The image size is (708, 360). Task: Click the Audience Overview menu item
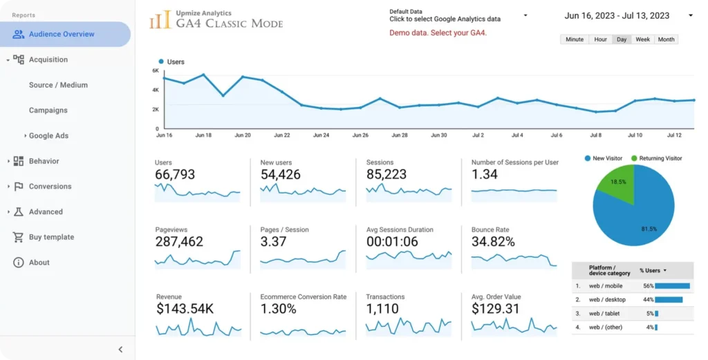(x=62, y=34)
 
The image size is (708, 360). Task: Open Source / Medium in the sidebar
(x=58, y=85)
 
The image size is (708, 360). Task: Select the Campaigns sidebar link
(x=48, y=111)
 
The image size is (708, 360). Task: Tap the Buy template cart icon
(x=18, y=237)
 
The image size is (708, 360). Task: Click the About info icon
(x=18, y=263)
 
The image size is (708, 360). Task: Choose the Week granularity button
(x=642, y=39)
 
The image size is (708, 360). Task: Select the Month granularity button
(x=666, y=39)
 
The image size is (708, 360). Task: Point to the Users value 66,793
(x=175, y=175)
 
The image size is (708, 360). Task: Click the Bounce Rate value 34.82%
(x=493, y=242)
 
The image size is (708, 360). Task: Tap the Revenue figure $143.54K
(x=184, y=309)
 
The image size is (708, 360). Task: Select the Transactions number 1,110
(x=382, y=309)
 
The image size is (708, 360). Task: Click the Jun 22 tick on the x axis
(x=282, y=135)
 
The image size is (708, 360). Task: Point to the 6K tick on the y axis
(x=156, y=70)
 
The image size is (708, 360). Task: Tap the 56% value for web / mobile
(x=648, y=285)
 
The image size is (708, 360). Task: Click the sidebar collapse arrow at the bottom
(x=120, y=350)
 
